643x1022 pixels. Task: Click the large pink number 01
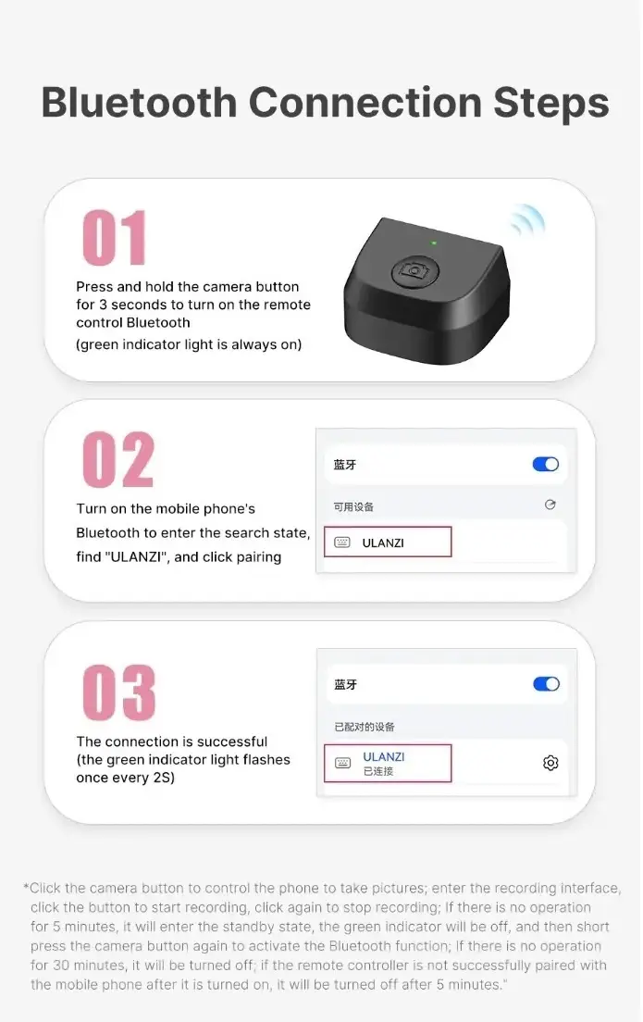click(115, 238)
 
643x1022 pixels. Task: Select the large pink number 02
click(118, 460)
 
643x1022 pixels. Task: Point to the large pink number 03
click(118, 692)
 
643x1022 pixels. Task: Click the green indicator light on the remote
click(433, 243)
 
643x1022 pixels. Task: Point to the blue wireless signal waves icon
click(528, 220)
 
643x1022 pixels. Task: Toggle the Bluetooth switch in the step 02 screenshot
click(546, 464)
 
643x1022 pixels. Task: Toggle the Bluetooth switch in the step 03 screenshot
click(546, 684)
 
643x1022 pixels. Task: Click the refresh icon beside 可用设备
click(550, 505)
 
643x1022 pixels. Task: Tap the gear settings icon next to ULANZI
click(550, 763)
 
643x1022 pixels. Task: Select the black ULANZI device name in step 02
click(383, 542)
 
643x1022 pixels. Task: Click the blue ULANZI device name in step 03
click(384, 756)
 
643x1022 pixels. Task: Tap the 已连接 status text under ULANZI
click(377, 771)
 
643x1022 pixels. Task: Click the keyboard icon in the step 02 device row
click(342, 542)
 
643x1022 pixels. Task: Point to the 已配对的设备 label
click(365, 727)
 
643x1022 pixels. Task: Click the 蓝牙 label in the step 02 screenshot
click(345, 465)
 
